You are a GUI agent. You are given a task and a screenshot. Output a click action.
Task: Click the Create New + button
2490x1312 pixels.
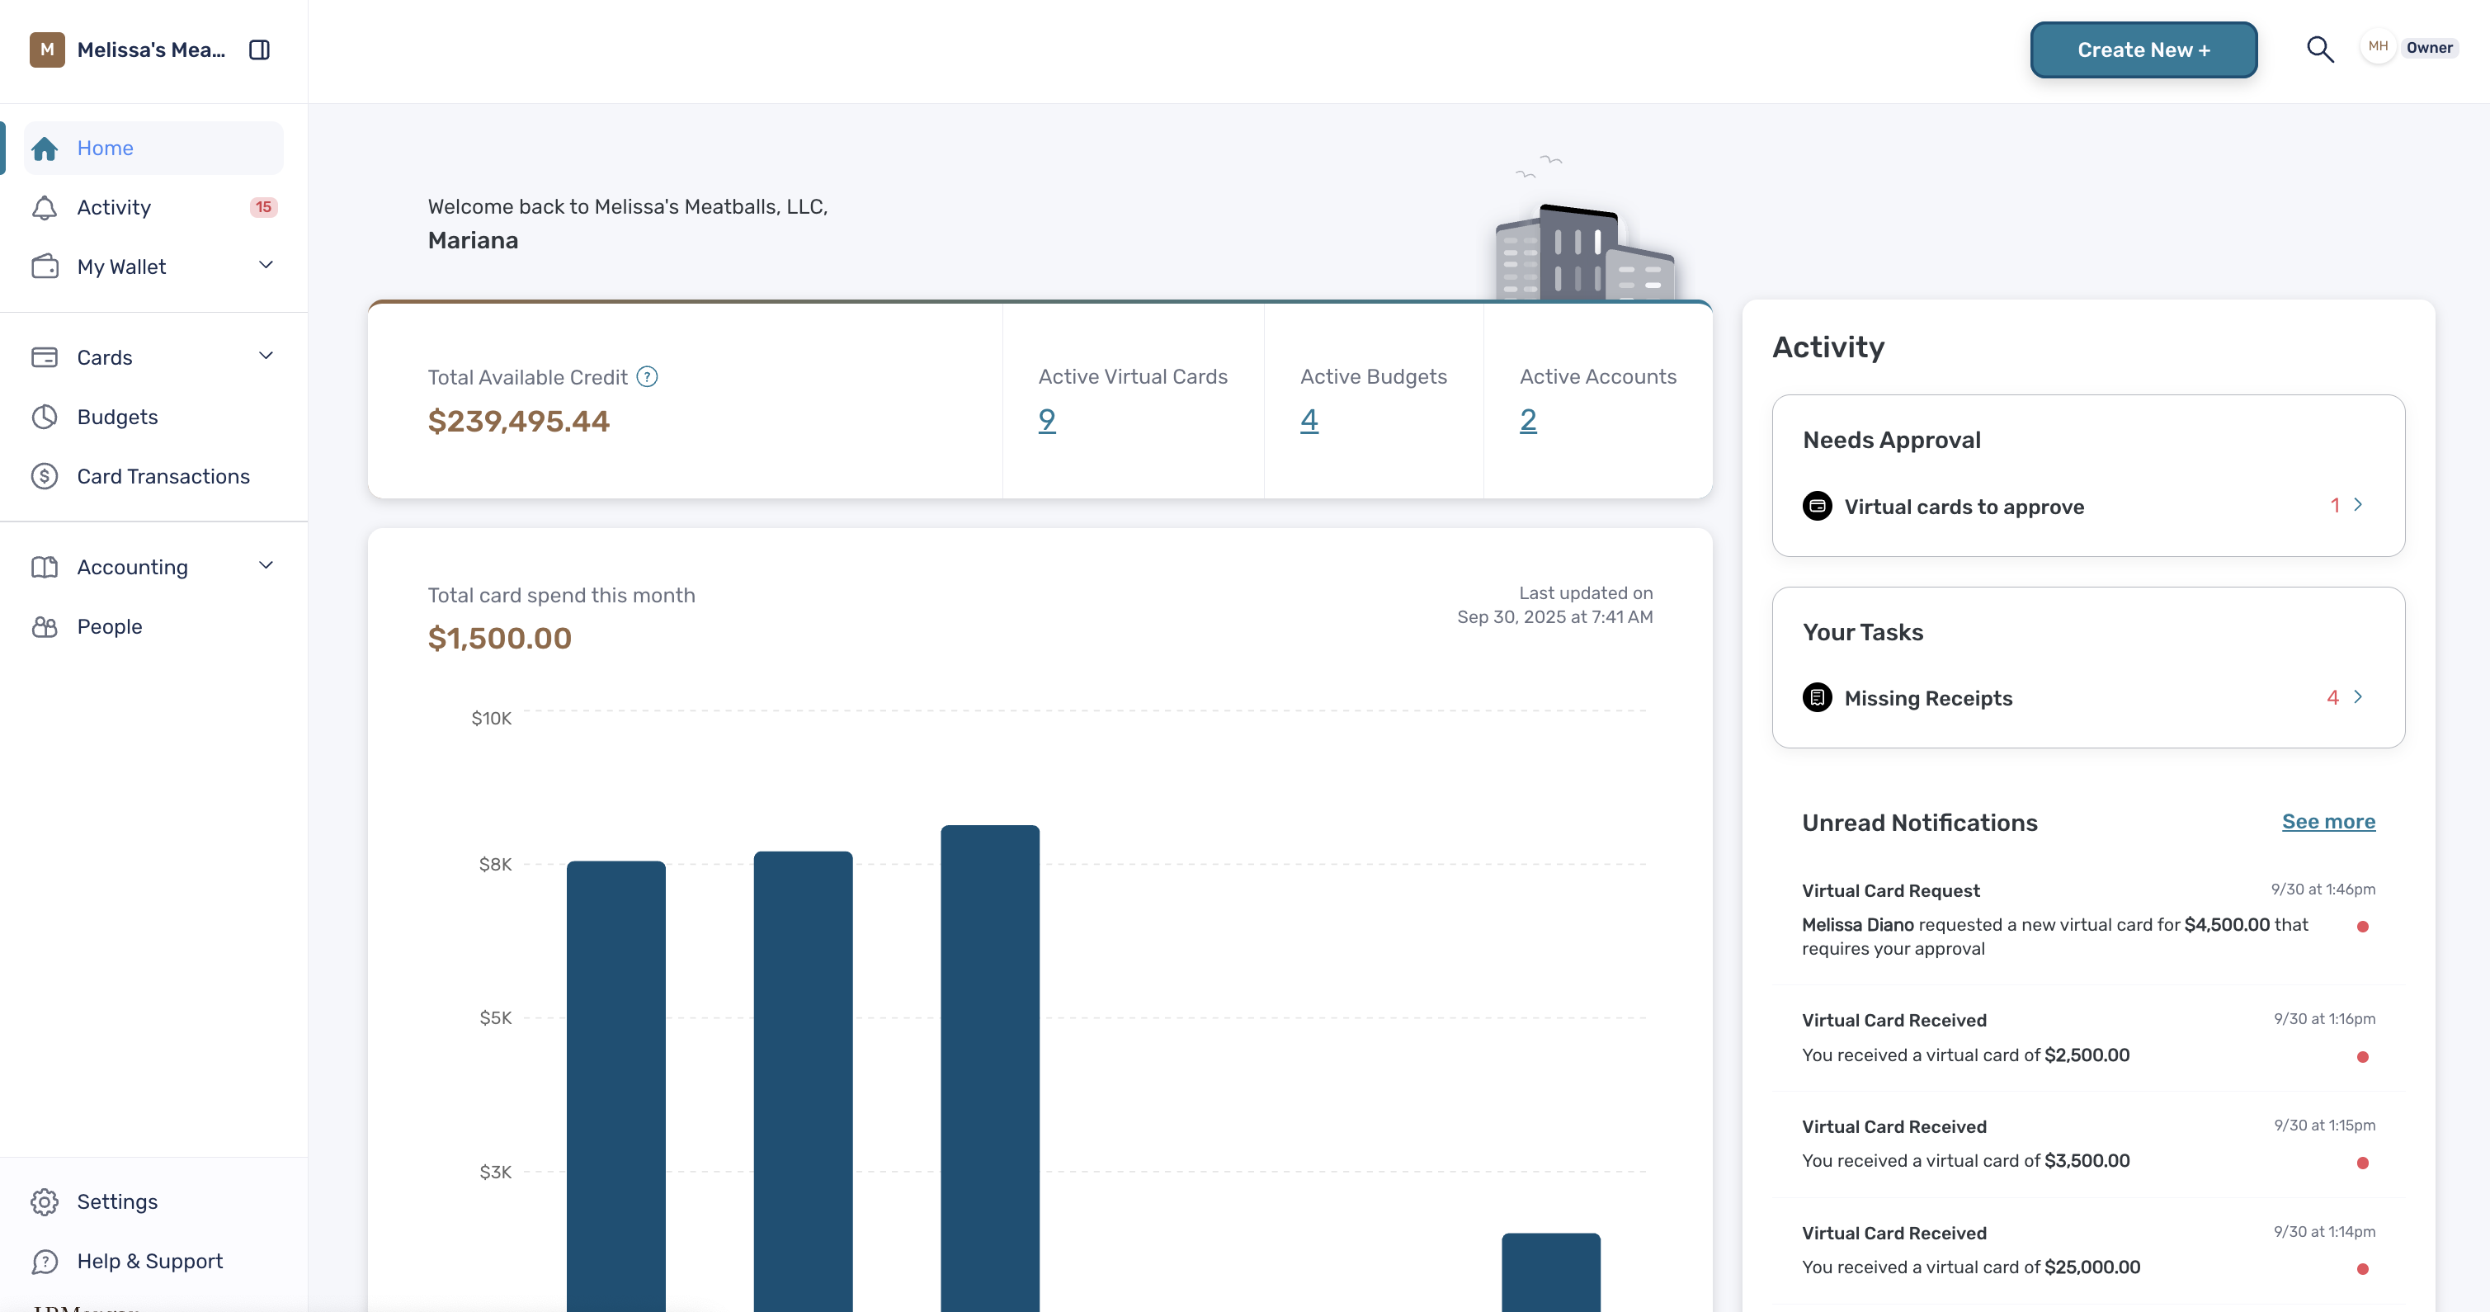click(x=2143, y=50)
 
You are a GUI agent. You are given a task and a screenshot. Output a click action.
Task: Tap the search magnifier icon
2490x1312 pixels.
click(x=2320, y=50)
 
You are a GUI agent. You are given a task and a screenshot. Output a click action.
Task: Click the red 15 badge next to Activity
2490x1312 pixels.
click(x=263, y=207)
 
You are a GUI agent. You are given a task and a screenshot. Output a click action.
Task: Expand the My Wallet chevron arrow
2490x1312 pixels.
click(x=266, y=265)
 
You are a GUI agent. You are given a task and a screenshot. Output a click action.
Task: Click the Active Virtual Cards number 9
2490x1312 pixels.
click(x=1047, y=421)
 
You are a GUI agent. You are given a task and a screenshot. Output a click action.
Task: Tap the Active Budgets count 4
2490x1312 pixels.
click(x=1309, y=421)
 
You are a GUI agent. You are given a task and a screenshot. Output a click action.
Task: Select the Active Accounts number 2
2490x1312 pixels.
click(x=1527, y=421)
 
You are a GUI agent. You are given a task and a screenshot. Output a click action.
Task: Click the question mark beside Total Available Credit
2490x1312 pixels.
click(x=648, y=377)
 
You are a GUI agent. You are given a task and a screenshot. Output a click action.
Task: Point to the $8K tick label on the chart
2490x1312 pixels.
click(x=495, y=865)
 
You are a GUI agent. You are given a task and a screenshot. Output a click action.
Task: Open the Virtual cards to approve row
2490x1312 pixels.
click(x=2088, y=506)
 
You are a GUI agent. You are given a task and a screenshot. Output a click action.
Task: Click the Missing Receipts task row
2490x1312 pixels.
click(x=2088, y=697)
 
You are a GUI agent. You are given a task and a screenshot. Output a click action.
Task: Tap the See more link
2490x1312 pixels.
click(x=2328, y=822)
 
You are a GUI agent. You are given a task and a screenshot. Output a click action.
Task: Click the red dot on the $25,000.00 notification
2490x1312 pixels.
click(x=2362, y=1268)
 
